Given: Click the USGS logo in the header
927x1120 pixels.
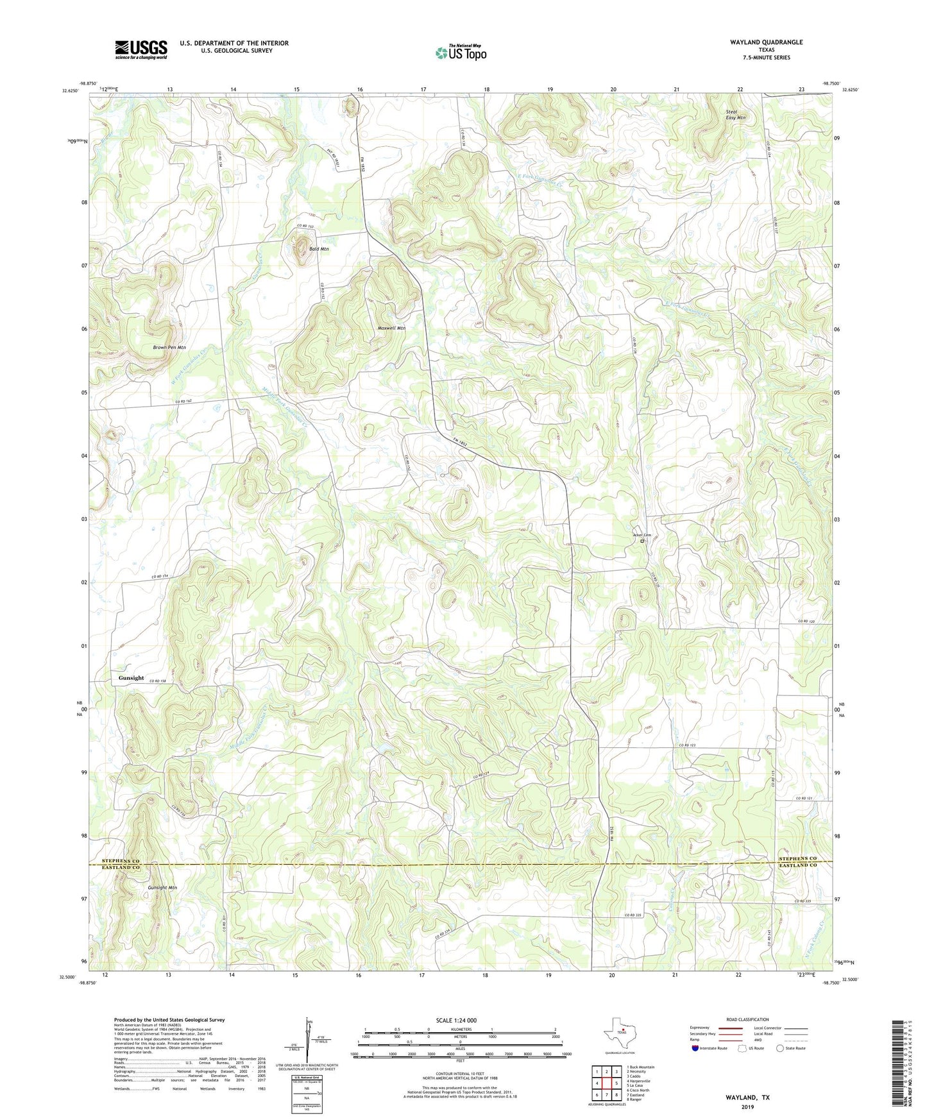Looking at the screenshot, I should (141, 49).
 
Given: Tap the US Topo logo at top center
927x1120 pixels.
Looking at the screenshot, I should (461, 53).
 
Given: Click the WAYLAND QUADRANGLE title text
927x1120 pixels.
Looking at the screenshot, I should (766, 42).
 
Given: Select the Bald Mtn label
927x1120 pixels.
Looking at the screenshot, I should (318, 249).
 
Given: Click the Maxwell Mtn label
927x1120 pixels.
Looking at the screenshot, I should (391, 328).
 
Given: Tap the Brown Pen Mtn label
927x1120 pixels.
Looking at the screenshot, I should (169, 347).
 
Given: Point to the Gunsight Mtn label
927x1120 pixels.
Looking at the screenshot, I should (162, 888).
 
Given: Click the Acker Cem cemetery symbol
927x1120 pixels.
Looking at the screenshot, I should (642, 541).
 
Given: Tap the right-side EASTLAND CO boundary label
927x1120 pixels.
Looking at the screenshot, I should (797, 867).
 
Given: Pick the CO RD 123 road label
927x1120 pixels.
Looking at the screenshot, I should (687, 745).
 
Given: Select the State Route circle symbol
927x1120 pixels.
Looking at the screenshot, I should (780, 1048).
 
